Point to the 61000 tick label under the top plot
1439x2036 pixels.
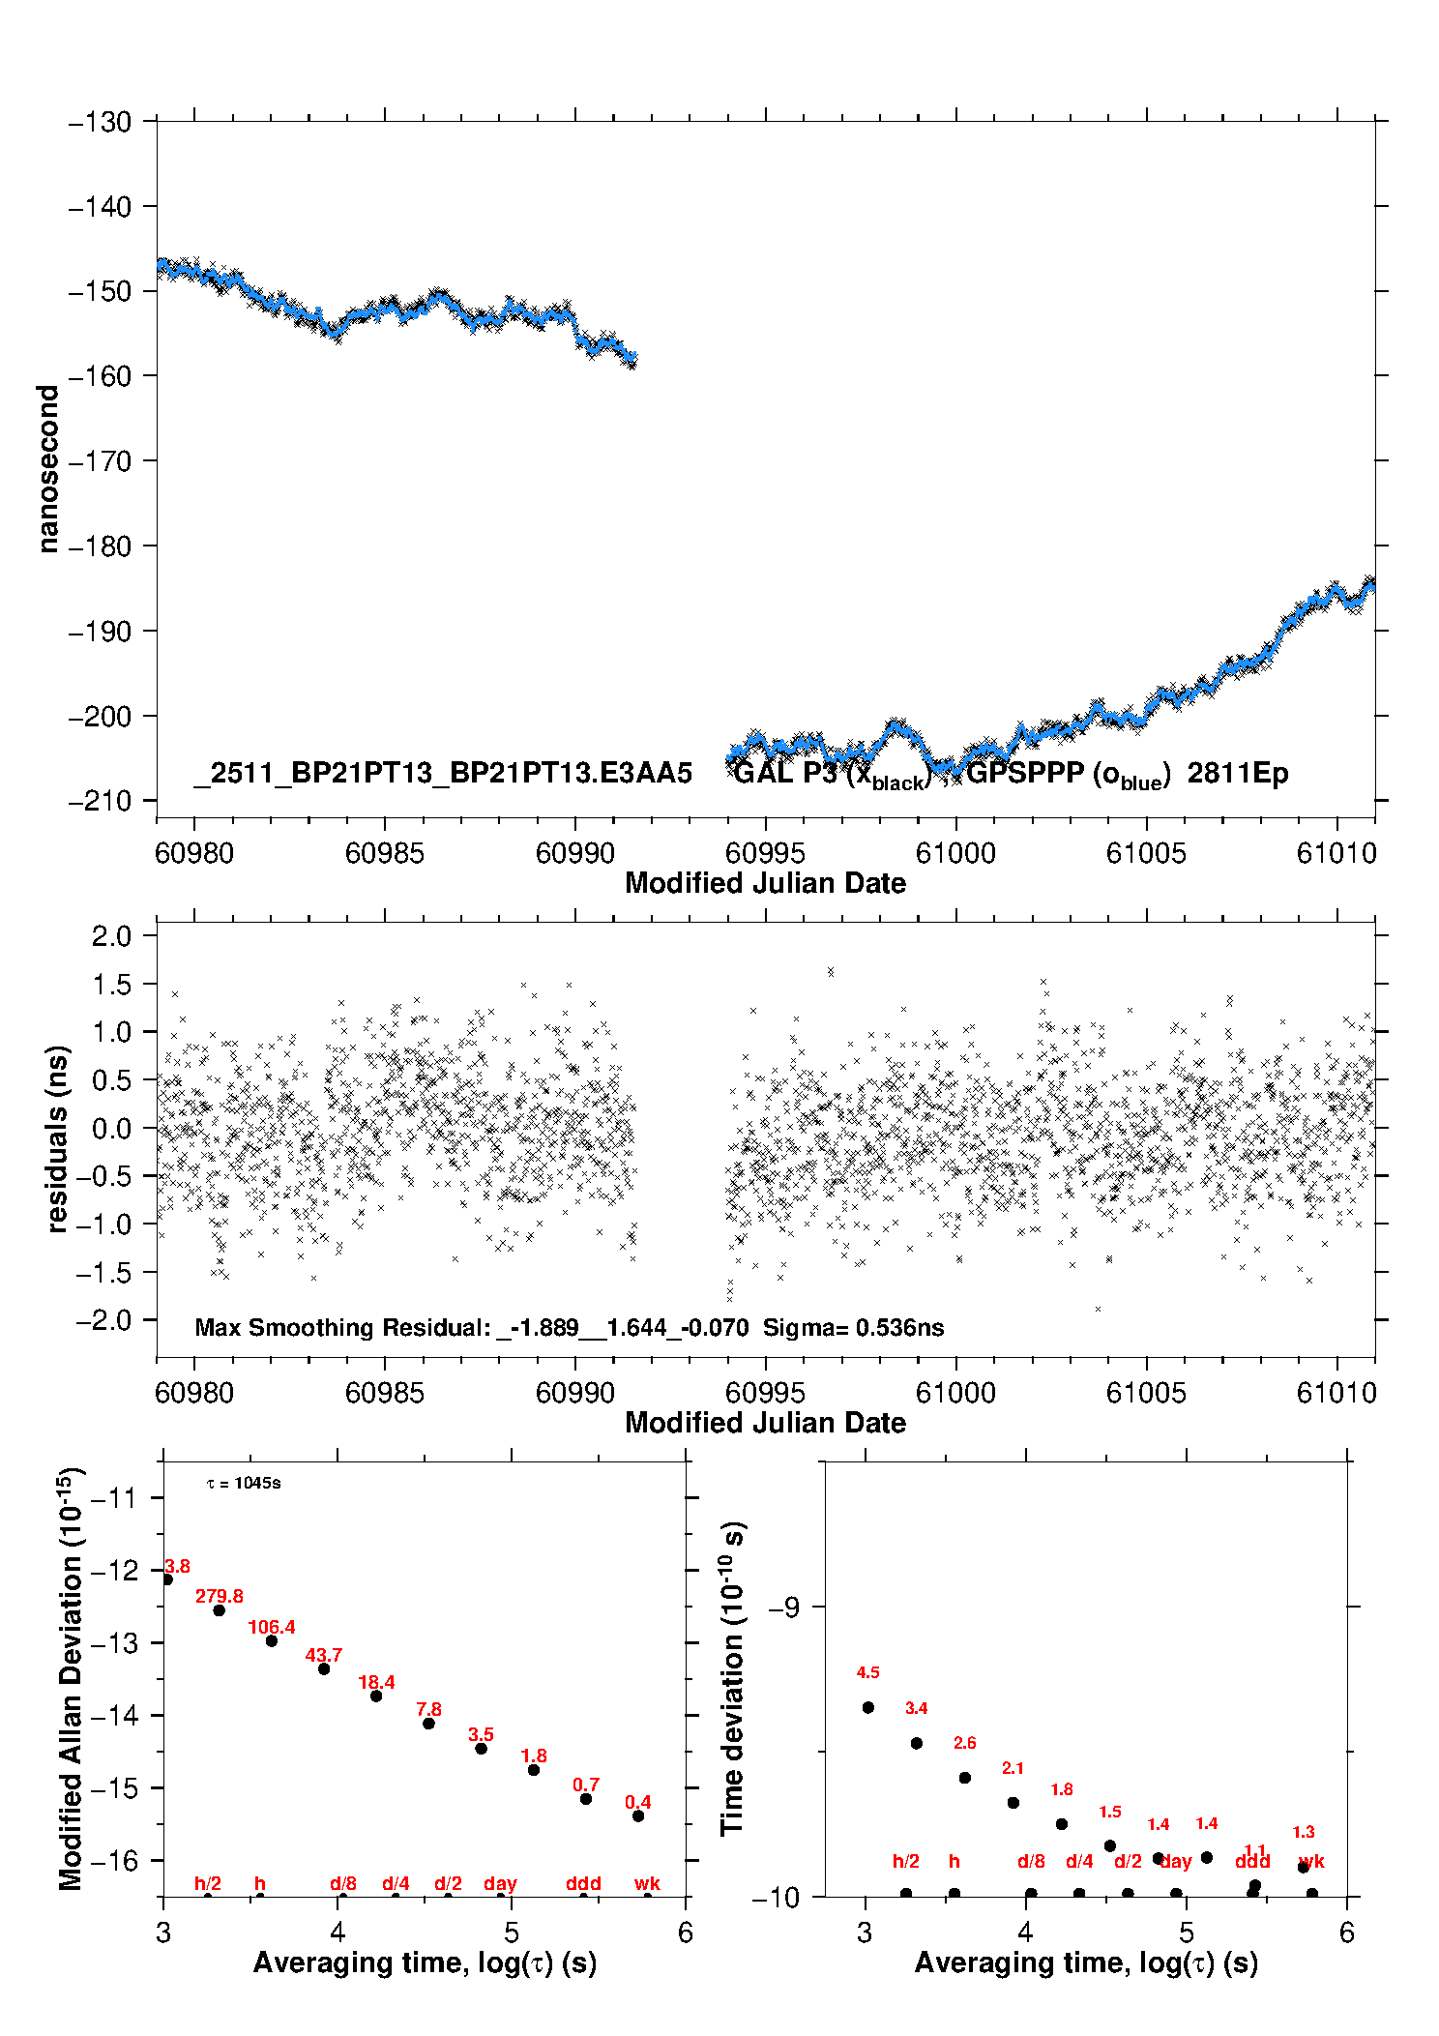point(955,853)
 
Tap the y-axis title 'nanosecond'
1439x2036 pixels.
point(47,469)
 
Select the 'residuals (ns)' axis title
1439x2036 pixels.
point(58,1138)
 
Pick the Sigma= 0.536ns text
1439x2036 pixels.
point(853,1327)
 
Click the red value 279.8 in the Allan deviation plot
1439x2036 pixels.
point(220,1596)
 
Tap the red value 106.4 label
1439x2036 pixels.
point(272,1627)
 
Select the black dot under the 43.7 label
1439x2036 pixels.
point(324,1668)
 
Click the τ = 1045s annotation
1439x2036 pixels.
point(244,1483)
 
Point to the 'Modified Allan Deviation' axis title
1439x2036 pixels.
point(71,1678)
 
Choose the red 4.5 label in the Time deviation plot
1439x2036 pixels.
point(867,1672)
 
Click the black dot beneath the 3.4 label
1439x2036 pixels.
point(917,1743)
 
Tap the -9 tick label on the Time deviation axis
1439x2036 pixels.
point(783,1607)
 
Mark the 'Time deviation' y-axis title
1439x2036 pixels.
point(732,1678)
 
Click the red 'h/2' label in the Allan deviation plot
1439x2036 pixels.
point(208,1883)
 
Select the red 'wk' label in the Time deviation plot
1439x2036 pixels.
point(1311,1861)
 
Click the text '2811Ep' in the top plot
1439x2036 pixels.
point(1238,774)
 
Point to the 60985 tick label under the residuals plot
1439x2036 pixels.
point(385,1393)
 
